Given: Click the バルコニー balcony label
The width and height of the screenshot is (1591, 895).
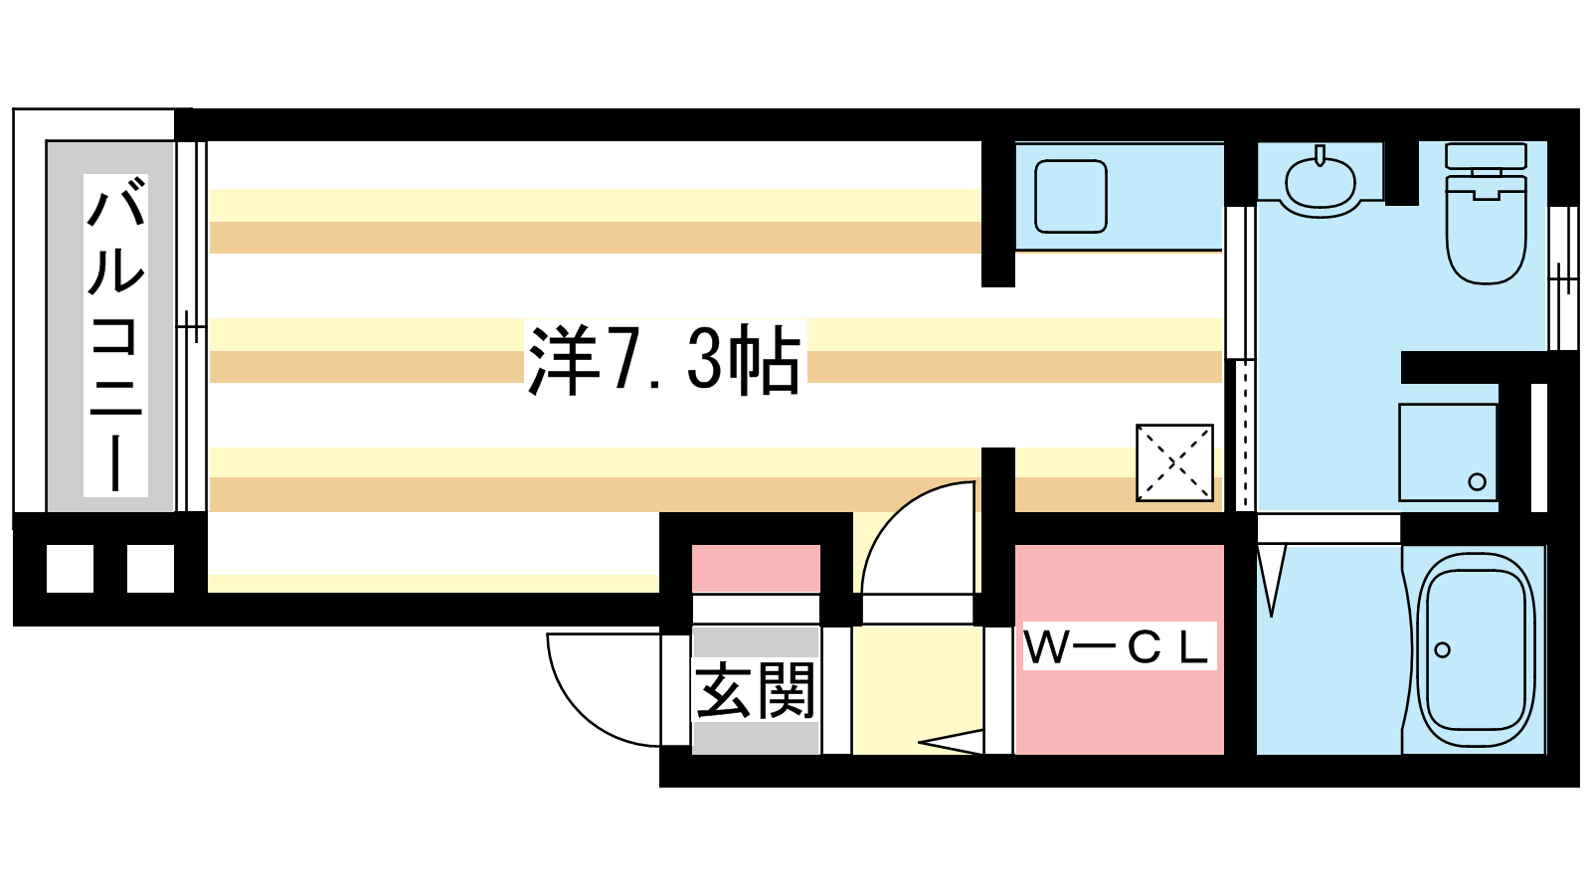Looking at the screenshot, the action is [115, 334].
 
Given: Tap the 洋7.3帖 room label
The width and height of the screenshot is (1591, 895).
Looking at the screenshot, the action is [665, 359].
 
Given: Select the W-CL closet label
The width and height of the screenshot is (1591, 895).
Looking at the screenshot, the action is [1119, 646].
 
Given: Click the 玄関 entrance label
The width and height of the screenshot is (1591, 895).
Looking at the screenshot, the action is [755, 690].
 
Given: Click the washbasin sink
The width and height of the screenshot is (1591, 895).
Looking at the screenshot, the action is [1320, 183].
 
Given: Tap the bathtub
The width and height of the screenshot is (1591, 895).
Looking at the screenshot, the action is [1476, 649].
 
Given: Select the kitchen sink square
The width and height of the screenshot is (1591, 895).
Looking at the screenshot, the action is [1071, 197].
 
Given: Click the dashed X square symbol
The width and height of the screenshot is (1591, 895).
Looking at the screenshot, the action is [1174, 463].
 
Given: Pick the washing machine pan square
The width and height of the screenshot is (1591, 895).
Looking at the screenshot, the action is [1448, 452].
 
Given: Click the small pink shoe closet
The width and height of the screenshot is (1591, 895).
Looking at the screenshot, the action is [756, 568].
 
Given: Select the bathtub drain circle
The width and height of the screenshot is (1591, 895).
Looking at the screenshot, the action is [1442, 649].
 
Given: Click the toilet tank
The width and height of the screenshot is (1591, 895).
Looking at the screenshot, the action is [1486, 155].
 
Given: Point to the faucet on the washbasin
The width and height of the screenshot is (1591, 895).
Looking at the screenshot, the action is [1320, 155].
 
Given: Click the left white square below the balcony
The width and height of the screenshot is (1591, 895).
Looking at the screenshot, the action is [71, 568].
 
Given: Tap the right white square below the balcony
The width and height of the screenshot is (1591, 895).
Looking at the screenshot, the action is [150, 568].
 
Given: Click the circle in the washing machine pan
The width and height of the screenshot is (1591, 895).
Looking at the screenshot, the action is [1477, 481].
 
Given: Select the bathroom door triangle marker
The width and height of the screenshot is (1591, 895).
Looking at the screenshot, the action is [1272, 576].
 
